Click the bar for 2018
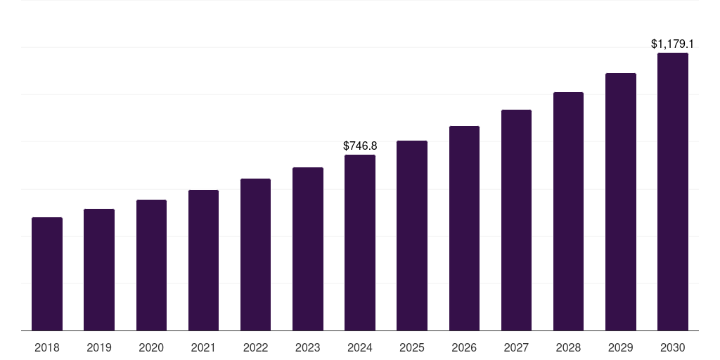(47, 274)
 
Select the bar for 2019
(99, 270)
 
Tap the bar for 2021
(203, 260)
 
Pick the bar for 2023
(308, 249)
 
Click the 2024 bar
(360, 243)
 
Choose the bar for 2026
(464, 229)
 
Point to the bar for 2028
(568, 212)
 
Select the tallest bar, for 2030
(673, 192)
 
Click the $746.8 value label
(360, 146)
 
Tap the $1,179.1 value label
(673, 44)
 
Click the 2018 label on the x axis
(47, 347)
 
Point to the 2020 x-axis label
(151, 347)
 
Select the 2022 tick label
(255, 347)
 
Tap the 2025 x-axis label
(412, 347)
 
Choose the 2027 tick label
(516, 347)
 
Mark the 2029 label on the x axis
(620, 347)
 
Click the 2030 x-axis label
(673, 347)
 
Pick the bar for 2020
(151, 265)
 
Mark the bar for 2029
(620, 202)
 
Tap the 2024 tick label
(360, 347)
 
